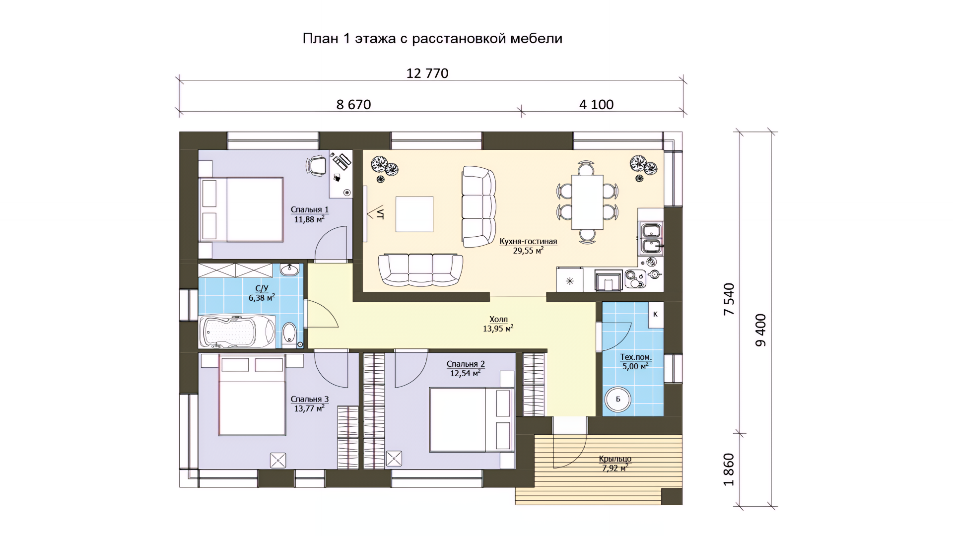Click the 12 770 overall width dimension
pyautogui.click(x=427, y=73)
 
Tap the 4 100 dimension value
pyautogui.click(x=596, y=105)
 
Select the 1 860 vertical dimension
pyautogui.click(x=729, y=469)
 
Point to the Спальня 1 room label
pyautogui.click(x=309, y=210)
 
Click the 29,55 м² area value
pyautogui.click(x=528, y=251)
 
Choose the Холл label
pyautogui.click(x=498, y=320)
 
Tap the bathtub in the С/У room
pyautogui.click(x=237, y=331)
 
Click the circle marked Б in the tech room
pyautogui.click(x=618, y=399)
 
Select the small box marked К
pyautogui.click(x=656, y=314)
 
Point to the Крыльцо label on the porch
pyautogui.click(x=615, y=459)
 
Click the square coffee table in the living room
pyautogui.click(x=414, y=214)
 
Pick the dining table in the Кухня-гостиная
pyautogui.click(x=587, y=202)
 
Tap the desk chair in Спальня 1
pyautogui.click(x=316, y=165)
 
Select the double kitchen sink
pyautogui.click(x=651, y=239)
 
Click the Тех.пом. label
pyautogui.click(x=636, y=357)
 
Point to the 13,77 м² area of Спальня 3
pyautogui.click(x=309, y=408)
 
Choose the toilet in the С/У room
pyautogui.click(x=289, y=334)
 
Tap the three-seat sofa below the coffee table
pyautogui.click(x=420, y=270)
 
